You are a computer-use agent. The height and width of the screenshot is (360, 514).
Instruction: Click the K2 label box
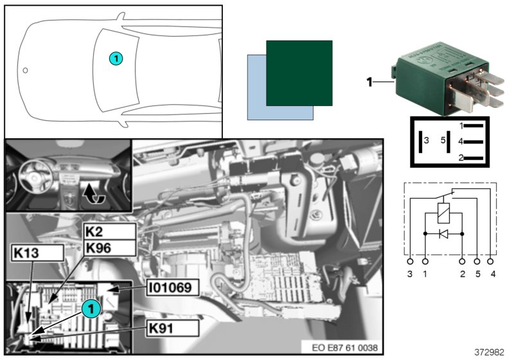tap(110, 231)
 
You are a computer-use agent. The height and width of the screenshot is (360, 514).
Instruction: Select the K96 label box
tap(110, 248)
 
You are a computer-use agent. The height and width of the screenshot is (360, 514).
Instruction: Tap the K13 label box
tap(37, 252)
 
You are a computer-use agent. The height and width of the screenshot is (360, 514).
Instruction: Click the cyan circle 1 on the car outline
tap(115, 59)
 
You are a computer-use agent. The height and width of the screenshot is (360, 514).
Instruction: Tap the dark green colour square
tap(299, 73)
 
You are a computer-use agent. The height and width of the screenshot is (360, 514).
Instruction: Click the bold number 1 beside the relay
tap(369, 82)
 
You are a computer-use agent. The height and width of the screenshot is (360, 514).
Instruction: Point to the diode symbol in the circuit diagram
tap(443, 234)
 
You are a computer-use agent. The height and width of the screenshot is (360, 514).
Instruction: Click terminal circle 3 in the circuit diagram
tap(411, 262)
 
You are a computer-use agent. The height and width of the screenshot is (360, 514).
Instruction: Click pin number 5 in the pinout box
tap(442, 140)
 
